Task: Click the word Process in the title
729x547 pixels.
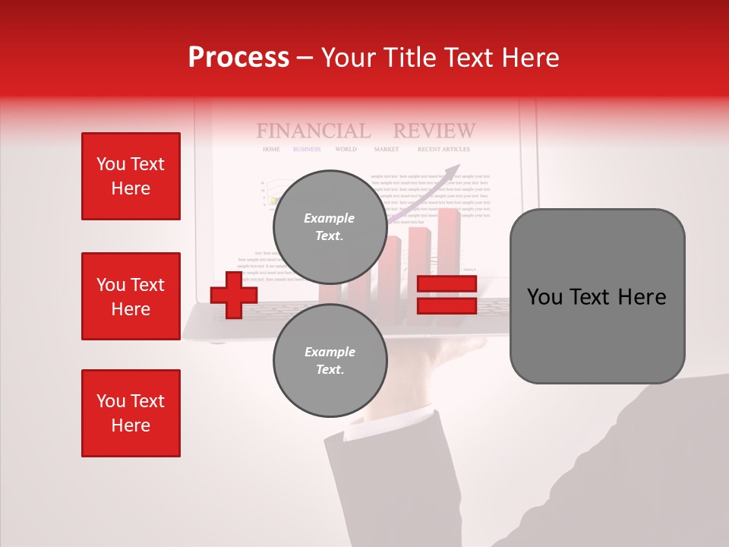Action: (238, 58)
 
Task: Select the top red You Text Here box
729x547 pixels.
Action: (131, 176)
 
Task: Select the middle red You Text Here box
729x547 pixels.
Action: (131, 296)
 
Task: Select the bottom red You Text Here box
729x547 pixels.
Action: (131, 413)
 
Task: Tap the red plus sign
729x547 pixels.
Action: (233, 295)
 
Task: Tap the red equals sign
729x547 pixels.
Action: (447, 295)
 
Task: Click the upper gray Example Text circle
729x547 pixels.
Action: (330, 226)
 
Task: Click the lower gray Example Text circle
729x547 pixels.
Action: (330, 361)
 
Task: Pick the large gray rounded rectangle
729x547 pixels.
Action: (597, 296)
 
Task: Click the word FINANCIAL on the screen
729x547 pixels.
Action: (313, 131)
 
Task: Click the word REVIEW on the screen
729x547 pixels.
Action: (434, 131)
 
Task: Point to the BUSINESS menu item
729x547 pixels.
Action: (307, 150)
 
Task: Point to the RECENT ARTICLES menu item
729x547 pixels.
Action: (443, 150)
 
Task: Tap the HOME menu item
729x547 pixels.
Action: (271, 150)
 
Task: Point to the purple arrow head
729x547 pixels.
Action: (455, 169)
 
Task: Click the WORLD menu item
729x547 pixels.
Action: (346, 150)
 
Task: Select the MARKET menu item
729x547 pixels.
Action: (386, 150)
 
